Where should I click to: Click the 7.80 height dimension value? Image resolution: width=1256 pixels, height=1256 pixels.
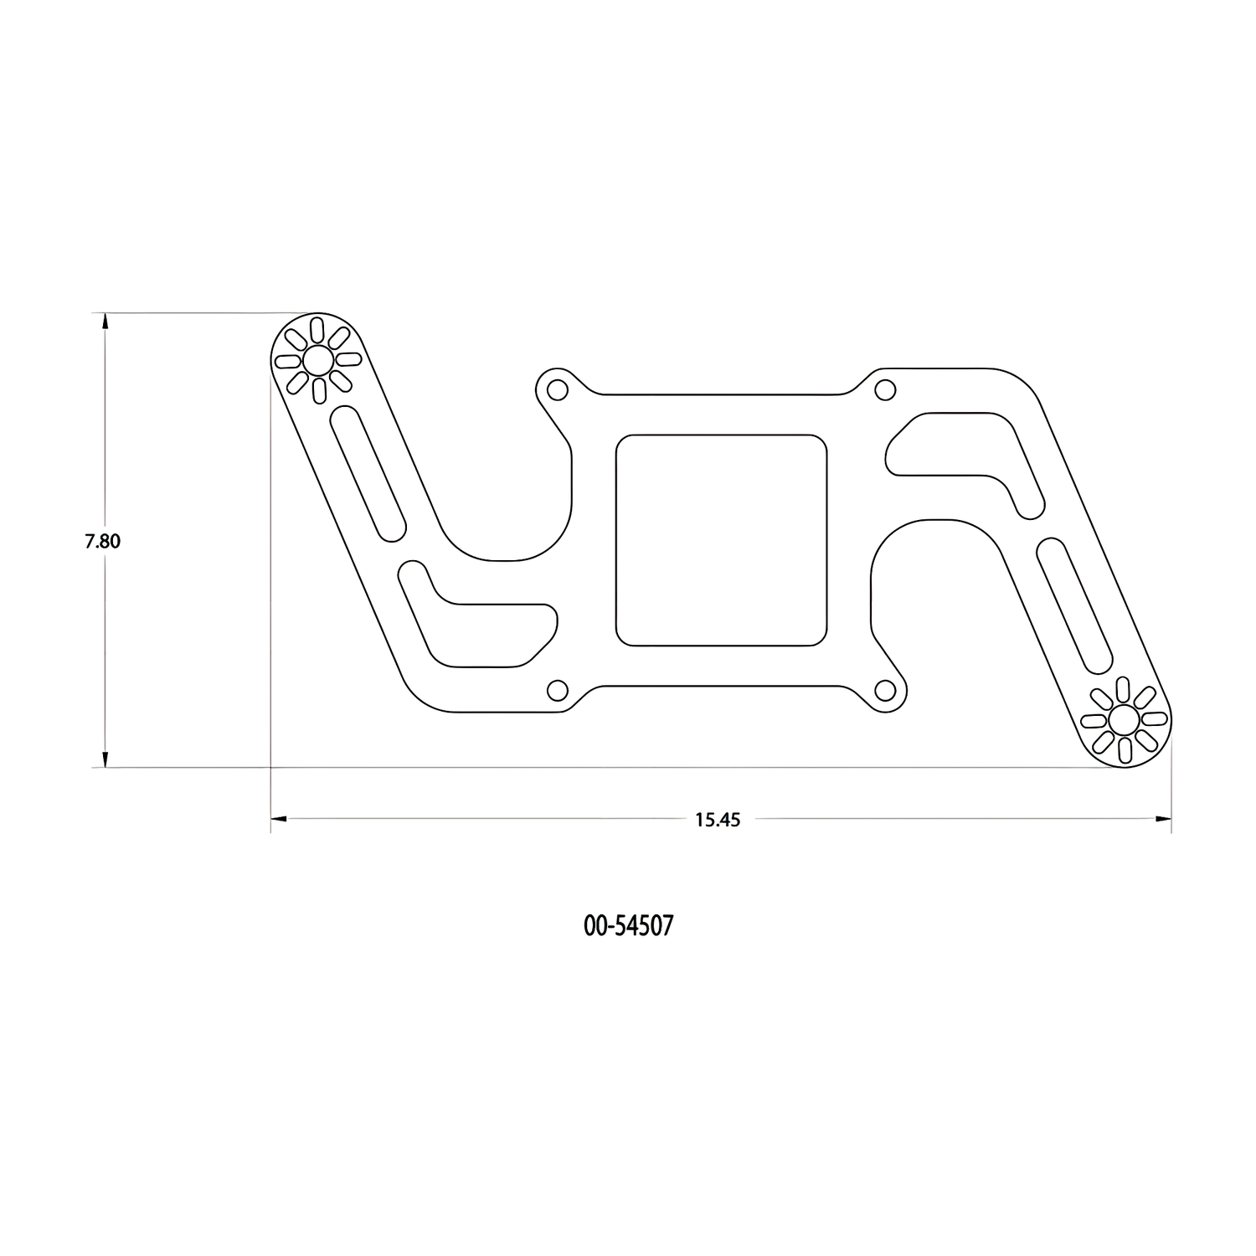pyautogui.click(x=102, y=541)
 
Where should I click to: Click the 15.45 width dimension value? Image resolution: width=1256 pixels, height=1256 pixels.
pyautogui.click(x=718, y=820)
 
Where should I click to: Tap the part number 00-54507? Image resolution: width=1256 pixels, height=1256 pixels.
pyautogui.click(x=628, y=925)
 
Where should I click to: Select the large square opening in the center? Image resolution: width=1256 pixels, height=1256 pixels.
pyautogui.click(x=721, y=540)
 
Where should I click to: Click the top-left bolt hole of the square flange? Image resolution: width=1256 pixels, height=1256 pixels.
pyautogui.click(x=556, y=389)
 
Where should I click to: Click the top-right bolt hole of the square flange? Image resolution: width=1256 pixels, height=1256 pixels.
pyautogui.click(x=885, y=389)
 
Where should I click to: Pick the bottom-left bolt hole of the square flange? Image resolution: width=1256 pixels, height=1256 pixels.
pyautogui.click(x=556, y=690)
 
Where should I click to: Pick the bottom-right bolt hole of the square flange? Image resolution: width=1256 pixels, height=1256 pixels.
pyautogui.click(x=885, y=690)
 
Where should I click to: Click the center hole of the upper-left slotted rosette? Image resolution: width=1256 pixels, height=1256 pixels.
pyautogui.click(x=317, y=361)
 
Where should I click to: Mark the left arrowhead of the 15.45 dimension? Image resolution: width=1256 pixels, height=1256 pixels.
pyautogui.click(x=279, y=820)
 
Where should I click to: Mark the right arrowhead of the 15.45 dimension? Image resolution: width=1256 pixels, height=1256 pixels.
pyautogui.click(x=1162, y=820)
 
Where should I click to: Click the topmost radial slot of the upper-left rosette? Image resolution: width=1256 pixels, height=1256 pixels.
pyautogui.click(x=317, y=330)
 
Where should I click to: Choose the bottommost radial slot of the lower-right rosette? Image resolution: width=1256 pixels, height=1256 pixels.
pyautogui.click(x=1124, y=749)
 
